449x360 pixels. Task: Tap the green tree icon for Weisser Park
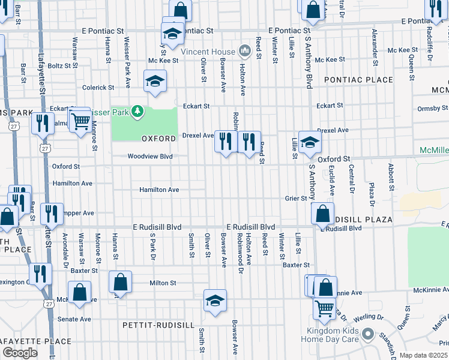[x=137, y=110]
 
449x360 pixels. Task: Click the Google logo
[x=20, y=353]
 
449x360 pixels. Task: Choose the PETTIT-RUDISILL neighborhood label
[x=158, y=325]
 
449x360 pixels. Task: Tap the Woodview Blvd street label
[x=149, y=156]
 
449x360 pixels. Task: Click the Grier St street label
[x=296, y=198]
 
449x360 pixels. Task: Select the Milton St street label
[x=162, y=283]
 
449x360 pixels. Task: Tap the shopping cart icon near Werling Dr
[x=325, y=308]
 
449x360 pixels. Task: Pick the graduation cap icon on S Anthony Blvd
[x=310, y=143]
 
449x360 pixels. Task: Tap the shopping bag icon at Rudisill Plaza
[x=323, y=213]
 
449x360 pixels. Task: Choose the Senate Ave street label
[x=74, y=319]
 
